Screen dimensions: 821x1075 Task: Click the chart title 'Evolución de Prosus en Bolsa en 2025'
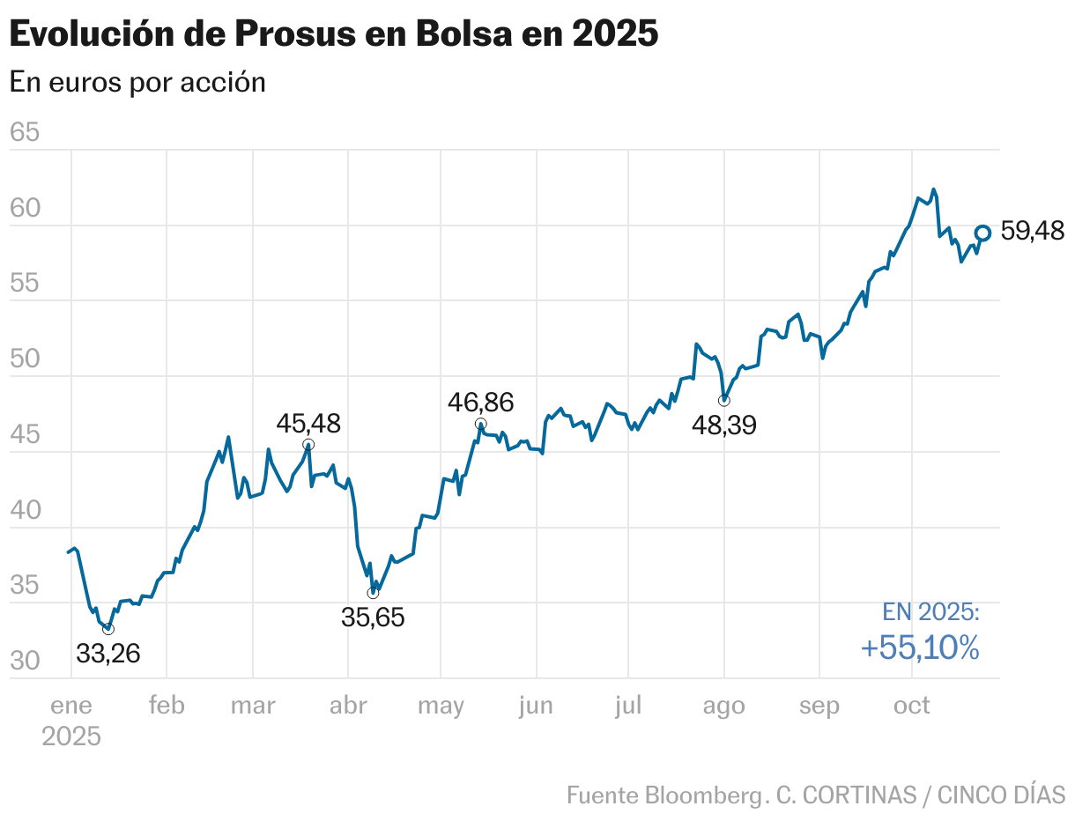point(333,34)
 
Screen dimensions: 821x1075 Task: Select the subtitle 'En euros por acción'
point(137,82)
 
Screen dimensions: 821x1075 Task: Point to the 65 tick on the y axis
point(25,133)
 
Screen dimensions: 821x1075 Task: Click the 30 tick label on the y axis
point(25,661)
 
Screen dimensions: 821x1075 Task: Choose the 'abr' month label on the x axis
point(347,706)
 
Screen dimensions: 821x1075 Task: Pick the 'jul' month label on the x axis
point(628,706)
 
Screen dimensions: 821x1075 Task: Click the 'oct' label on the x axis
point(912,706)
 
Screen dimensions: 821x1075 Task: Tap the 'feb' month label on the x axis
point(167,706)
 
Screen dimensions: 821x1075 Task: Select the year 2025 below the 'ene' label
point(70,736)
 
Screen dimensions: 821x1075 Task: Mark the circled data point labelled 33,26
point(108,629)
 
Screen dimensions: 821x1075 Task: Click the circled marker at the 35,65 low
point(373,593)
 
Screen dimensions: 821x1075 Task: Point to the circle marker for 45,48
point(308,445)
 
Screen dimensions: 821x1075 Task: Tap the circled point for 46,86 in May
point(480,424)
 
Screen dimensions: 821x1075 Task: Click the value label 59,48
point(1033,232)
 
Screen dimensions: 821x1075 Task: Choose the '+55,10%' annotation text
point(920,648)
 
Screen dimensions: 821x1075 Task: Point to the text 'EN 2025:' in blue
point(930,612)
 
